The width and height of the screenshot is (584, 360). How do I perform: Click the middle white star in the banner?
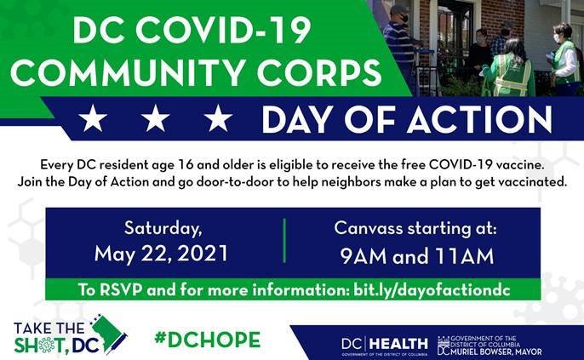(x=155, y=118)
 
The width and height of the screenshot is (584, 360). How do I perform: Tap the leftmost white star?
(x=93, y=118)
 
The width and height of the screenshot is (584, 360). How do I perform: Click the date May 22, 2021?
(x=161, y=254)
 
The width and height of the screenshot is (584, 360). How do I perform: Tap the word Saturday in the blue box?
(x=163, y=228)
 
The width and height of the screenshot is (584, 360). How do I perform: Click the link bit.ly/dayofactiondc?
(x=432, y=290)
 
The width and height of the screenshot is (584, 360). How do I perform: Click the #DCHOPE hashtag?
(x=208, y=340)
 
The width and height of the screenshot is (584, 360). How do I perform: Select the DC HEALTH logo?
(x=385, y=345)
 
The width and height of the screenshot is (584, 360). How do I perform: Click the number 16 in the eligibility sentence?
(x=186, y=165)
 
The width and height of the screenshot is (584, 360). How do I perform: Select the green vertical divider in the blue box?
(x=284, y=241)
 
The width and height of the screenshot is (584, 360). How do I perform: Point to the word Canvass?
(x=368, y=228)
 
